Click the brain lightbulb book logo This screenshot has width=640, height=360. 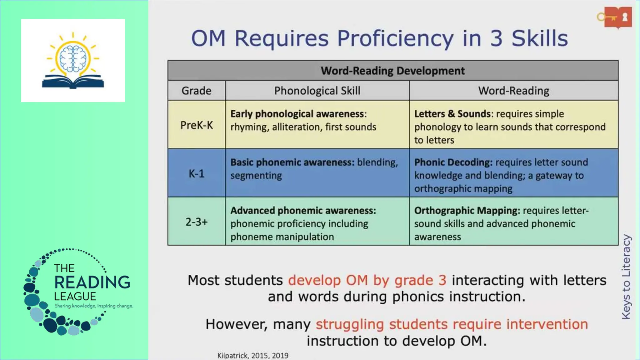[x=73, y=61]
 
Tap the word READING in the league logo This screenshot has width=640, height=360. [x=92, y=282]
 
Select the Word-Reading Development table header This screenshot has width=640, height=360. [x=392, y=71]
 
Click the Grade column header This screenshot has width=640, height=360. [x=196, y=91]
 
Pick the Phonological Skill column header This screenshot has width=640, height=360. [x=317, y=91]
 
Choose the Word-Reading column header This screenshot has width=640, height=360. [x=513, y=91]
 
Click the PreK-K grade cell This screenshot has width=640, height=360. [x=196, y=125]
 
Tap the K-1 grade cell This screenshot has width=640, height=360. [x=196, y=173]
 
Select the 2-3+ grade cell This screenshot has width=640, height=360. [x=196, y=222]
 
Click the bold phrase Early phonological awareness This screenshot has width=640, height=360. [x=297, y=114]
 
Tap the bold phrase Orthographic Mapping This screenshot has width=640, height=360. [x=467, y=211]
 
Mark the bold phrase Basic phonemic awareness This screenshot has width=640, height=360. [x=292, y=162]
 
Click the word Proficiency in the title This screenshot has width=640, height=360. [x=395, y=38]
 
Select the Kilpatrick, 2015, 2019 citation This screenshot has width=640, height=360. [x=253, y=356]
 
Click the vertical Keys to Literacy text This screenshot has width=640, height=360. [x=626, y=277]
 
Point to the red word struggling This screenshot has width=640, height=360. [x=350, y=324]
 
